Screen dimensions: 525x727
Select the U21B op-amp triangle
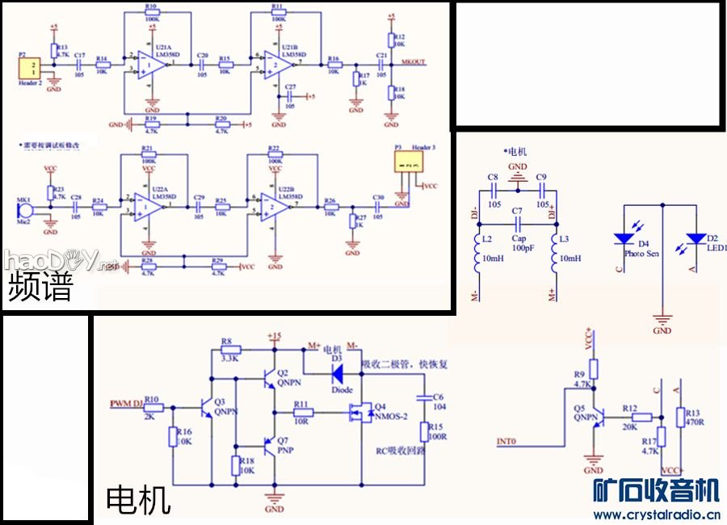coord(276,63)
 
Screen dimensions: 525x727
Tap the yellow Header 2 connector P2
coord(30,69)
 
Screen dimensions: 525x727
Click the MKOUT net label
coord(414,62)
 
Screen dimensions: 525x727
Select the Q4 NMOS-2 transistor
coord(355,414)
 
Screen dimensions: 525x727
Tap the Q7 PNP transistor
coord(270,443)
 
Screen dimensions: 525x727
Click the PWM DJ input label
coord(126,401)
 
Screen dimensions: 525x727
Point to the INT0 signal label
coord(506,442)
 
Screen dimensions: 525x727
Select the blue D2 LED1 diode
coord(695,239)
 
